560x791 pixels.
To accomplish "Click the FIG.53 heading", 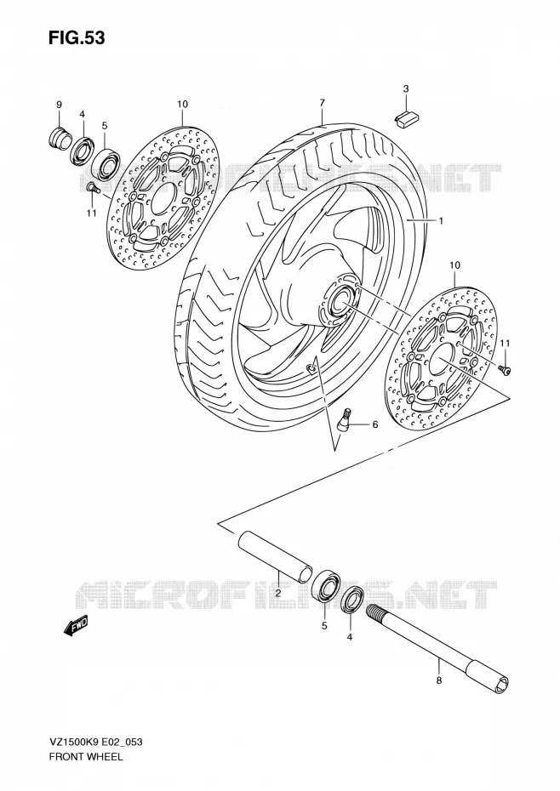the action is [x=77, y=37].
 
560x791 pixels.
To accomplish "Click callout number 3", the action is [x=405, y=89].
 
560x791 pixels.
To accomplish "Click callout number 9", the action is [x=59, y=105].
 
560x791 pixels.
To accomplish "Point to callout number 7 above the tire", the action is [x=322, y=103].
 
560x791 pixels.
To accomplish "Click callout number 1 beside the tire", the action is [x=440, y=221].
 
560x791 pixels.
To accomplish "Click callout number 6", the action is [x=374, y=424].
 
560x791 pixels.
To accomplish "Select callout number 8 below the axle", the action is [x=438, y=681].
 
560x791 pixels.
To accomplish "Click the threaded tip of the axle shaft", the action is [x=373, y=611].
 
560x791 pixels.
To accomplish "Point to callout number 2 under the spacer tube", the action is [x=277, y=594].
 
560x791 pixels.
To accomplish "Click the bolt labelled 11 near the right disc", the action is [x=505, y=371].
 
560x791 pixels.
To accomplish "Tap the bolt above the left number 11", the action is [x=91, y=188].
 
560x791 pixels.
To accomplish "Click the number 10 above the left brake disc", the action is [x=182, y=105].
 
